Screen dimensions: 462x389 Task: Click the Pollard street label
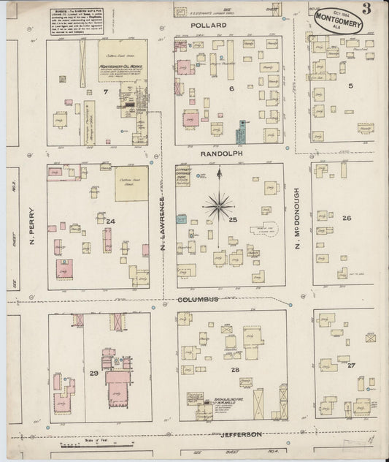tap(209, 25)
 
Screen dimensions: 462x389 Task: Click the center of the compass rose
tap(219, 205)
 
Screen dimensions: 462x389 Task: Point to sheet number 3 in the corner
tap(374, 10)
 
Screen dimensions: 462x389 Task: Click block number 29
tap(93, 374)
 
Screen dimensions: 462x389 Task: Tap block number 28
tap(235, 371)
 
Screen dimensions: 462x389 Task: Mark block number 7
tap(106, 94)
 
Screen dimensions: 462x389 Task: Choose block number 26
tap(347, 218)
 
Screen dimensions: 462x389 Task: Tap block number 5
tap(350, 86)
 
